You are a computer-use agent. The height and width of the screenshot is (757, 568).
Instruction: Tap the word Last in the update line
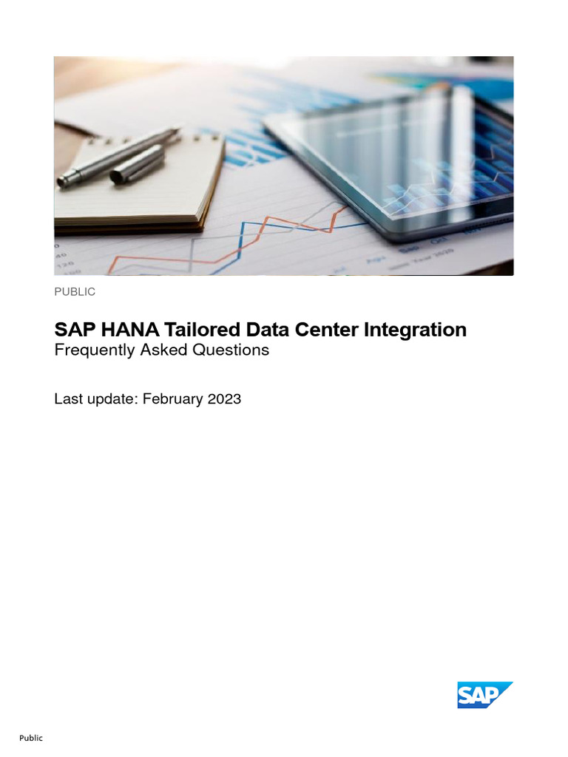coord(69,399)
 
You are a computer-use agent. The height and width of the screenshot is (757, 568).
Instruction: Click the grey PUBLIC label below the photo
coord(75,292)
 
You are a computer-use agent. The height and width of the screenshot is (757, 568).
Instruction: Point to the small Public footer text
coord(31,738)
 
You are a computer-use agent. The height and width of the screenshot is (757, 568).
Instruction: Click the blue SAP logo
coord(484,695)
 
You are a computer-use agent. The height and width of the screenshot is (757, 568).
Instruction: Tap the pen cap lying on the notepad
coord(137,164)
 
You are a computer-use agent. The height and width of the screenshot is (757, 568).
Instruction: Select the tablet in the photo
coord(399,163)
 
